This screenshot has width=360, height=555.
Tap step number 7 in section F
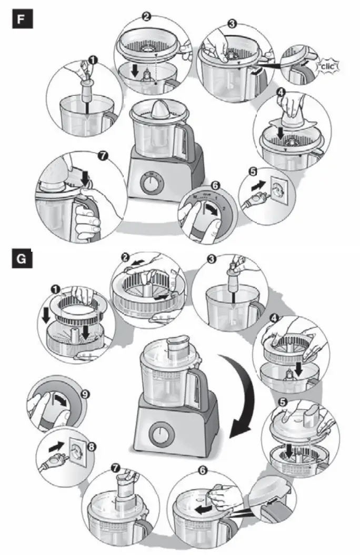(103, 156)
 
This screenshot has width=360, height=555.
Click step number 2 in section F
(147, 17)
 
